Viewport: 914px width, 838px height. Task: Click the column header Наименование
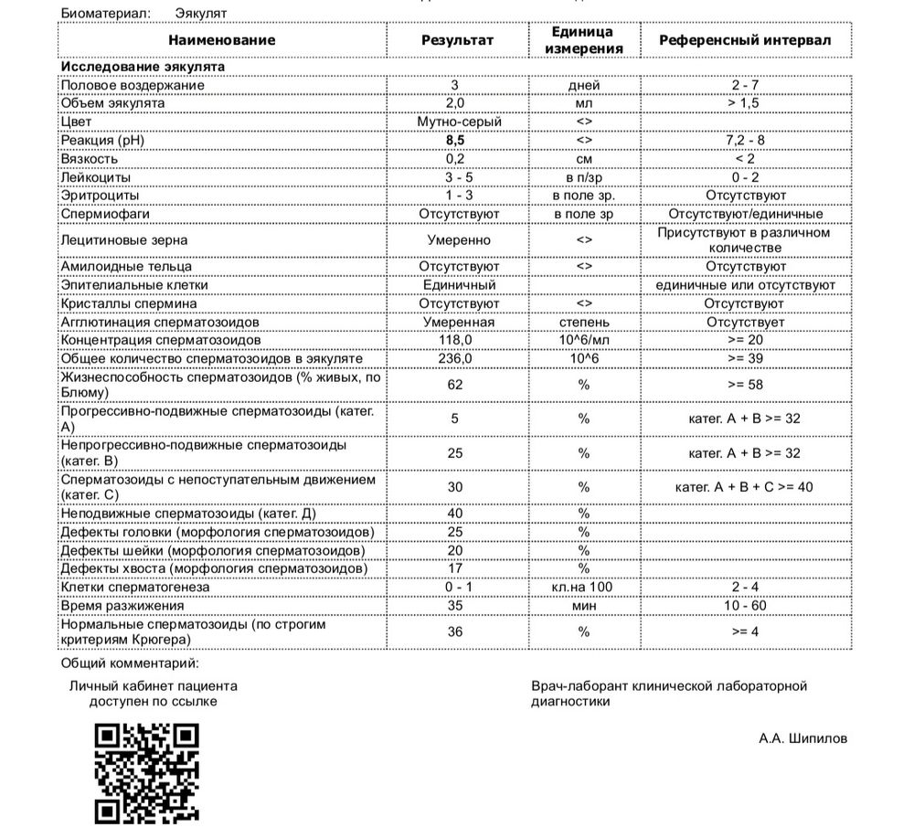221,40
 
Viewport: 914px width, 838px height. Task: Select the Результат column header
457,40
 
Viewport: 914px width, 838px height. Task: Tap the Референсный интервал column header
745,40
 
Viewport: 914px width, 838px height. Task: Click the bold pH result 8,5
455,140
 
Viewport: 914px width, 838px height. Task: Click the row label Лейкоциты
95,176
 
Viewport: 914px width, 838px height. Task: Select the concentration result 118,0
455,340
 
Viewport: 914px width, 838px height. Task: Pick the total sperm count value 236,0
455,358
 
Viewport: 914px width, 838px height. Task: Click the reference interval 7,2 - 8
745,140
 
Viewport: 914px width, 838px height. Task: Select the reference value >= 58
745,385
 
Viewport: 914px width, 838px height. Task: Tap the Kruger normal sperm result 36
455,631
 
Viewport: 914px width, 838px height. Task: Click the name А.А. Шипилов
802,738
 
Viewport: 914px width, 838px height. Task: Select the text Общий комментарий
129,663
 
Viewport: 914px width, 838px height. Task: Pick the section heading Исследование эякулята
142,67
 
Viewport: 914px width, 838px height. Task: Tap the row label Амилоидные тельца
126,267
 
